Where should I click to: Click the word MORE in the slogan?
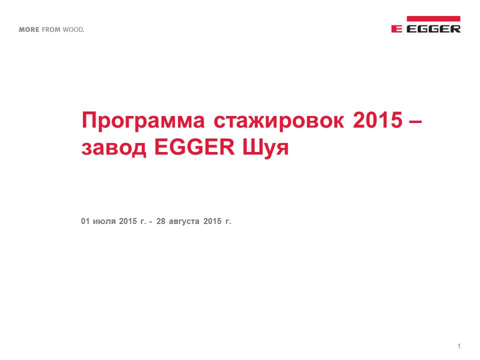(29, 29)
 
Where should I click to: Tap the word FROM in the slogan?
(51, 29)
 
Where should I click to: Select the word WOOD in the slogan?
(73, 29)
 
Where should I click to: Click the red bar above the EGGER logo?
(433, 18)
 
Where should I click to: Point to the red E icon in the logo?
(396, 29)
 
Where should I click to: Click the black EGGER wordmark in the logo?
(433, 29)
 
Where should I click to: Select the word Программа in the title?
(143, 121)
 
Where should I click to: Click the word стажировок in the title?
(278, 120)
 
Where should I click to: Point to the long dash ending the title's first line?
(415, 121)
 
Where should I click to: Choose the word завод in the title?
(113, 148)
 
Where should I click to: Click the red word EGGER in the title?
(194, 147)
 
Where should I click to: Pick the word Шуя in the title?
(265, 148)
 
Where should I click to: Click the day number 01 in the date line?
(85, 221)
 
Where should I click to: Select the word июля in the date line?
(104, 221)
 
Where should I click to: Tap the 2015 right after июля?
(128, 221)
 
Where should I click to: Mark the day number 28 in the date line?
(160, 221)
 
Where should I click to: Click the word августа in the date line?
(184, 222)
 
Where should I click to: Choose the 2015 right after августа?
(212, 221)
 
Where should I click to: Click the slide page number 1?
(459, 346)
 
